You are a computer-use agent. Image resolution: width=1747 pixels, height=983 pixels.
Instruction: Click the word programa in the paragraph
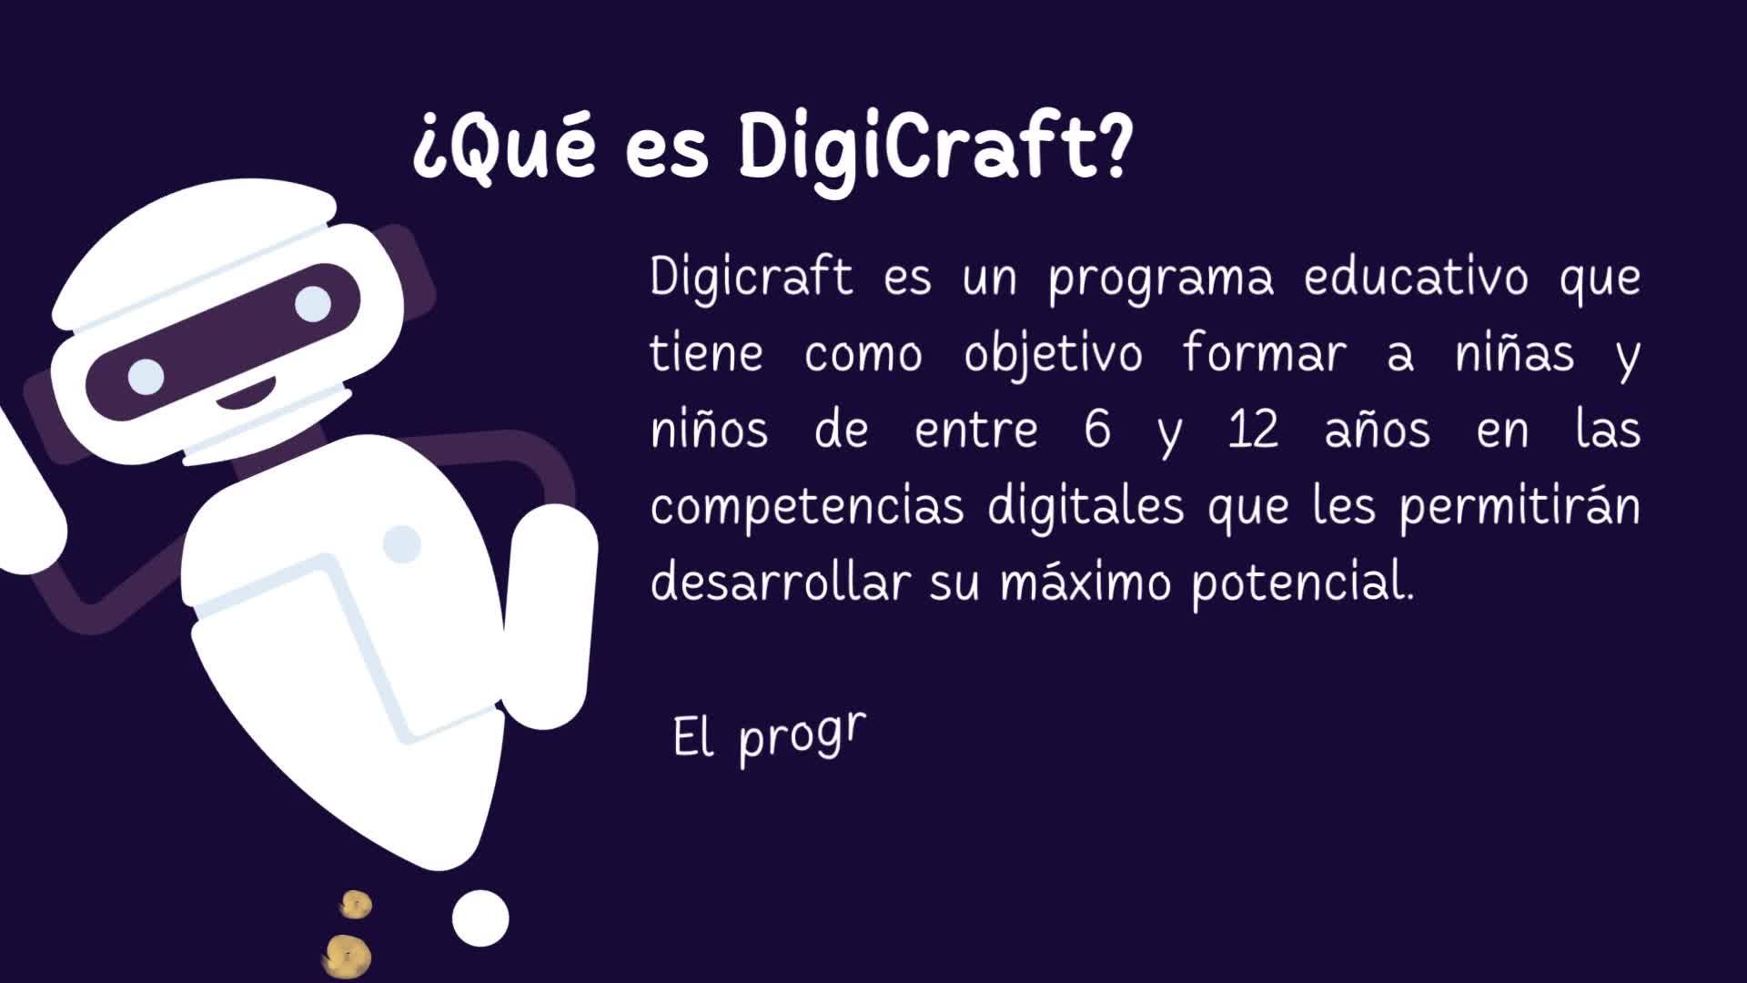[x=1161, y=279]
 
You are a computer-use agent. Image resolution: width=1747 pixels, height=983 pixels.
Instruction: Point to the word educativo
[x=1416, y=275]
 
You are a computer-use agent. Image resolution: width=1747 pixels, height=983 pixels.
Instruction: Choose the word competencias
[x=807, y=507]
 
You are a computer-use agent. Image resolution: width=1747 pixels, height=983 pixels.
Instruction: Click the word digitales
[x=1086, y=506]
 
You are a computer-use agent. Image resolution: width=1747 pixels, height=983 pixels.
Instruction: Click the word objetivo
[x=1053, y=353]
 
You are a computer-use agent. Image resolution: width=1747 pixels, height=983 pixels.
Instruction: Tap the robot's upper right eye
[x=313, y=303]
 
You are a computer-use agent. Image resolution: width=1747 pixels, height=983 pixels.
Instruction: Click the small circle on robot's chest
[x=401, y=543]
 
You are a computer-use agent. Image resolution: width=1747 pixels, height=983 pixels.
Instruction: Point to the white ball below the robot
[x=480, y=917]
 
